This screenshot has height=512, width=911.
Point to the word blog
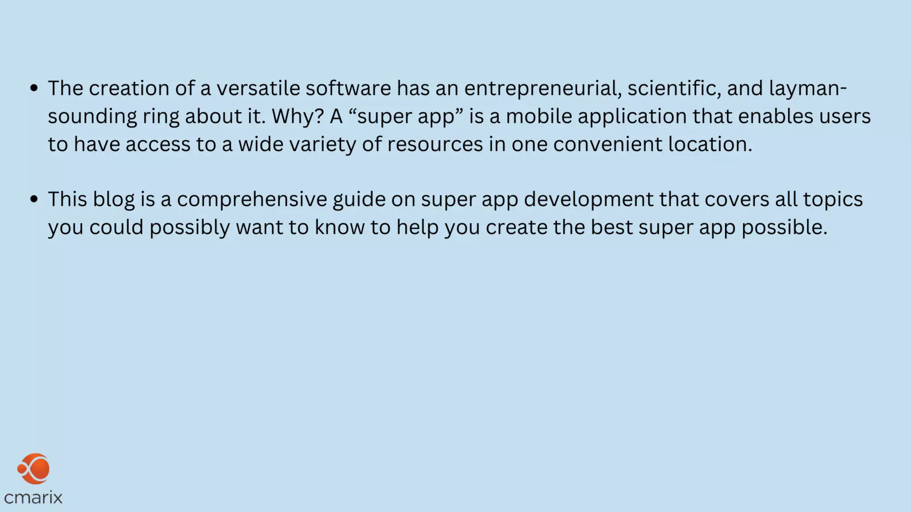click(113, 200)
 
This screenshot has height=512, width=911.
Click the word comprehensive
click(252, 200)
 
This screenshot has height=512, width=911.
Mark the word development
click(589, 200)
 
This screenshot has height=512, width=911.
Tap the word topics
click(833, 200)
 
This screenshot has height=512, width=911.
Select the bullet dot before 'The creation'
click(34, 88)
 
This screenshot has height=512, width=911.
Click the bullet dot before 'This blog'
click(34, 199)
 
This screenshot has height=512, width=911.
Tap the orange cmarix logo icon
click(34, 469)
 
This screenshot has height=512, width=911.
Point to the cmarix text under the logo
click(33, 497)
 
